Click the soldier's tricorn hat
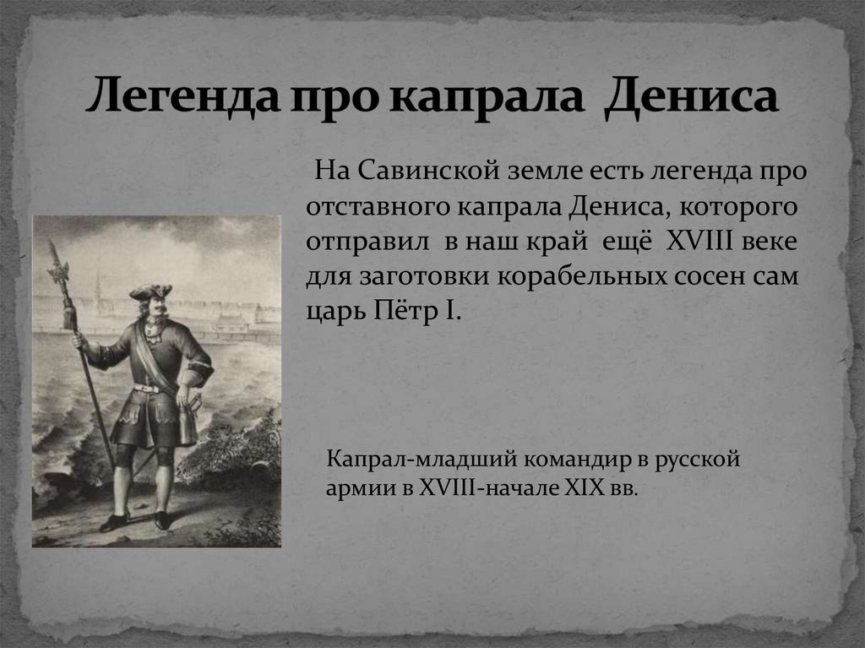coord(150,291)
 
